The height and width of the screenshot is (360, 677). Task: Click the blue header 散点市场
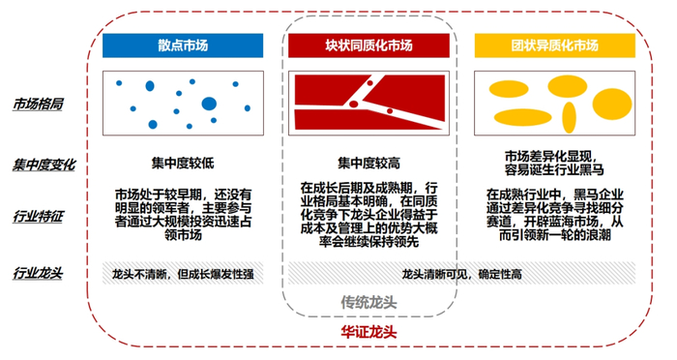183,45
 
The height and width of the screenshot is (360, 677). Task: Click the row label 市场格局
39,104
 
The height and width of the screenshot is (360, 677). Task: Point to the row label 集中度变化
44,165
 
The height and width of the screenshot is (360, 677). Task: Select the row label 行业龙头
39,273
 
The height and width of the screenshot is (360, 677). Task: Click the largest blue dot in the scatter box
208,104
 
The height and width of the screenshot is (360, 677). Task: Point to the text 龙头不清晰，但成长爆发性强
183,273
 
